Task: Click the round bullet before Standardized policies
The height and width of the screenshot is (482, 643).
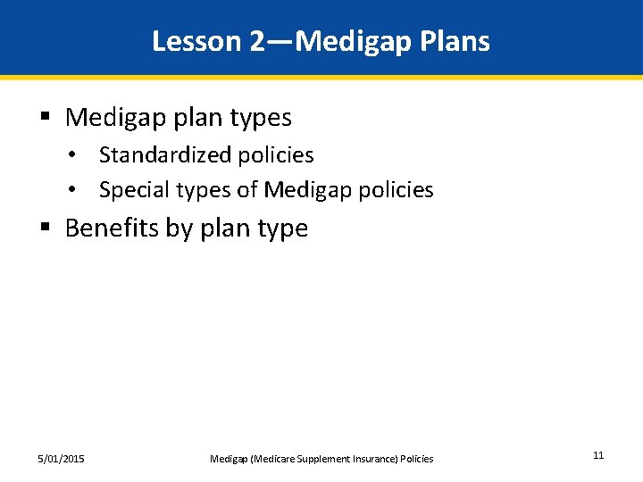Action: click(81, 155)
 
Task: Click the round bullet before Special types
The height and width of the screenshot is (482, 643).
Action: click(81, 190)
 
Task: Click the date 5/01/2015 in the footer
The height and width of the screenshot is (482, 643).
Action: click(62, 459)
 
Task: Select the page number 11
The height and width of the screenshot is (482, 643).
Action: click(598, 455)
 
